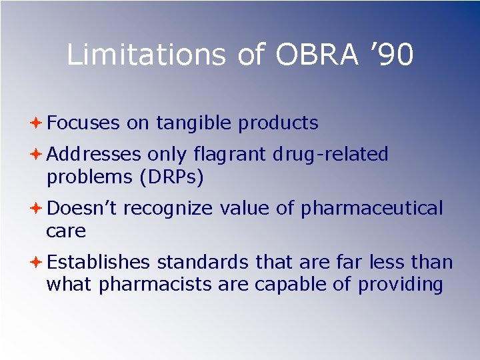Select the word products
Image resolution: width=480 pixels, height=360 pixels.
[278, 123]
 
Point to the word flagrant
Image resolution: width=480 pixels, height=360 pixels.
[230, 155]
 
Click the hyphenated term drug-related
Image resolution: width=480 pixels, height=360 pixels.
[331, 155]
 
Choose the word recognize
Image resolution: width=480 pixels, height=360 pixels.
[168, 209]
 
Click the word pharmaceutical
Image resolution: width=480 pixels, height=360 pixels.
[371, 209]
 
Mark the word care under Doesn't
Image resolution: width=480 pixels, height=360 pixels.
[66, 231]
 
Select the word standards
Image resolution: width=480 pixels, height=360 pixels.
[203, 263]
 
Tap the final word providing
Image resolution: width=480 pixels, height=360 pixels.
[400, 285]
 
